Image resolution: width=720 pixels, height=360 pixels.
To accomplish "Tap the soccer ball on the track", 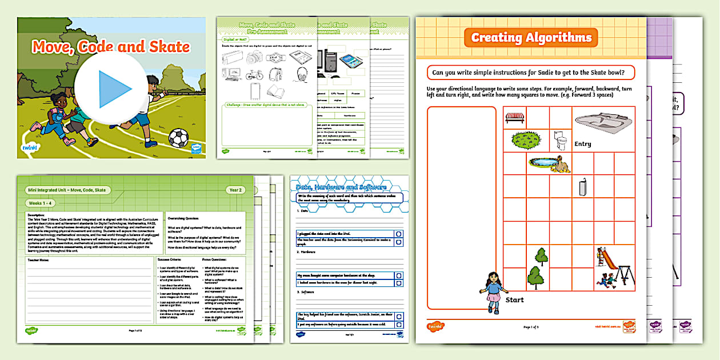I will [x=178, y=138].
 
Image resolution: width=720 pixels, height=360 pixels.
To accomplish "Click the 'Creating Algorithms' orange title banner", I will [x=531, y=38].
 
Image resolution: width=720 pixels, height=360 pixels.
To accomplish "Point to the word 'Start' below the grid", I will [x=515, y=299].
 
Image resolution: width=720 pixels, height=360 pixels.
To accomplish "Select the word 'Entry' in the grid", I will [x=583, y=144].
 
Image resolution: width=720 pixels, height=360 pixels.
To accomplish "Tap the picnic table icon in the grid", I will [x=515, y=117].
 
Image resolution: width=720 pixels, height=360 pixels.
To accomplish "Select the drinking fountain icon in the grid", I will [x=582, y=186].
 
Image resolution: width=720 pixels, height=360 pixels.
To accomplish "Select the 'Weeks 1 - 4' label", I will [x=43, y=203].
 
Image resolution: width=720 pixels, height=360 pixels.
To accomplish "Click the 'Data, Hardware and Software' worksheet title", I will [x=341, y=187].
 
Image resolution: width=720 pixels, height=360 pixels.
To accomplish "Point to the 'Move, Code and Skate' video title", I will [x=111, y=46].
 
